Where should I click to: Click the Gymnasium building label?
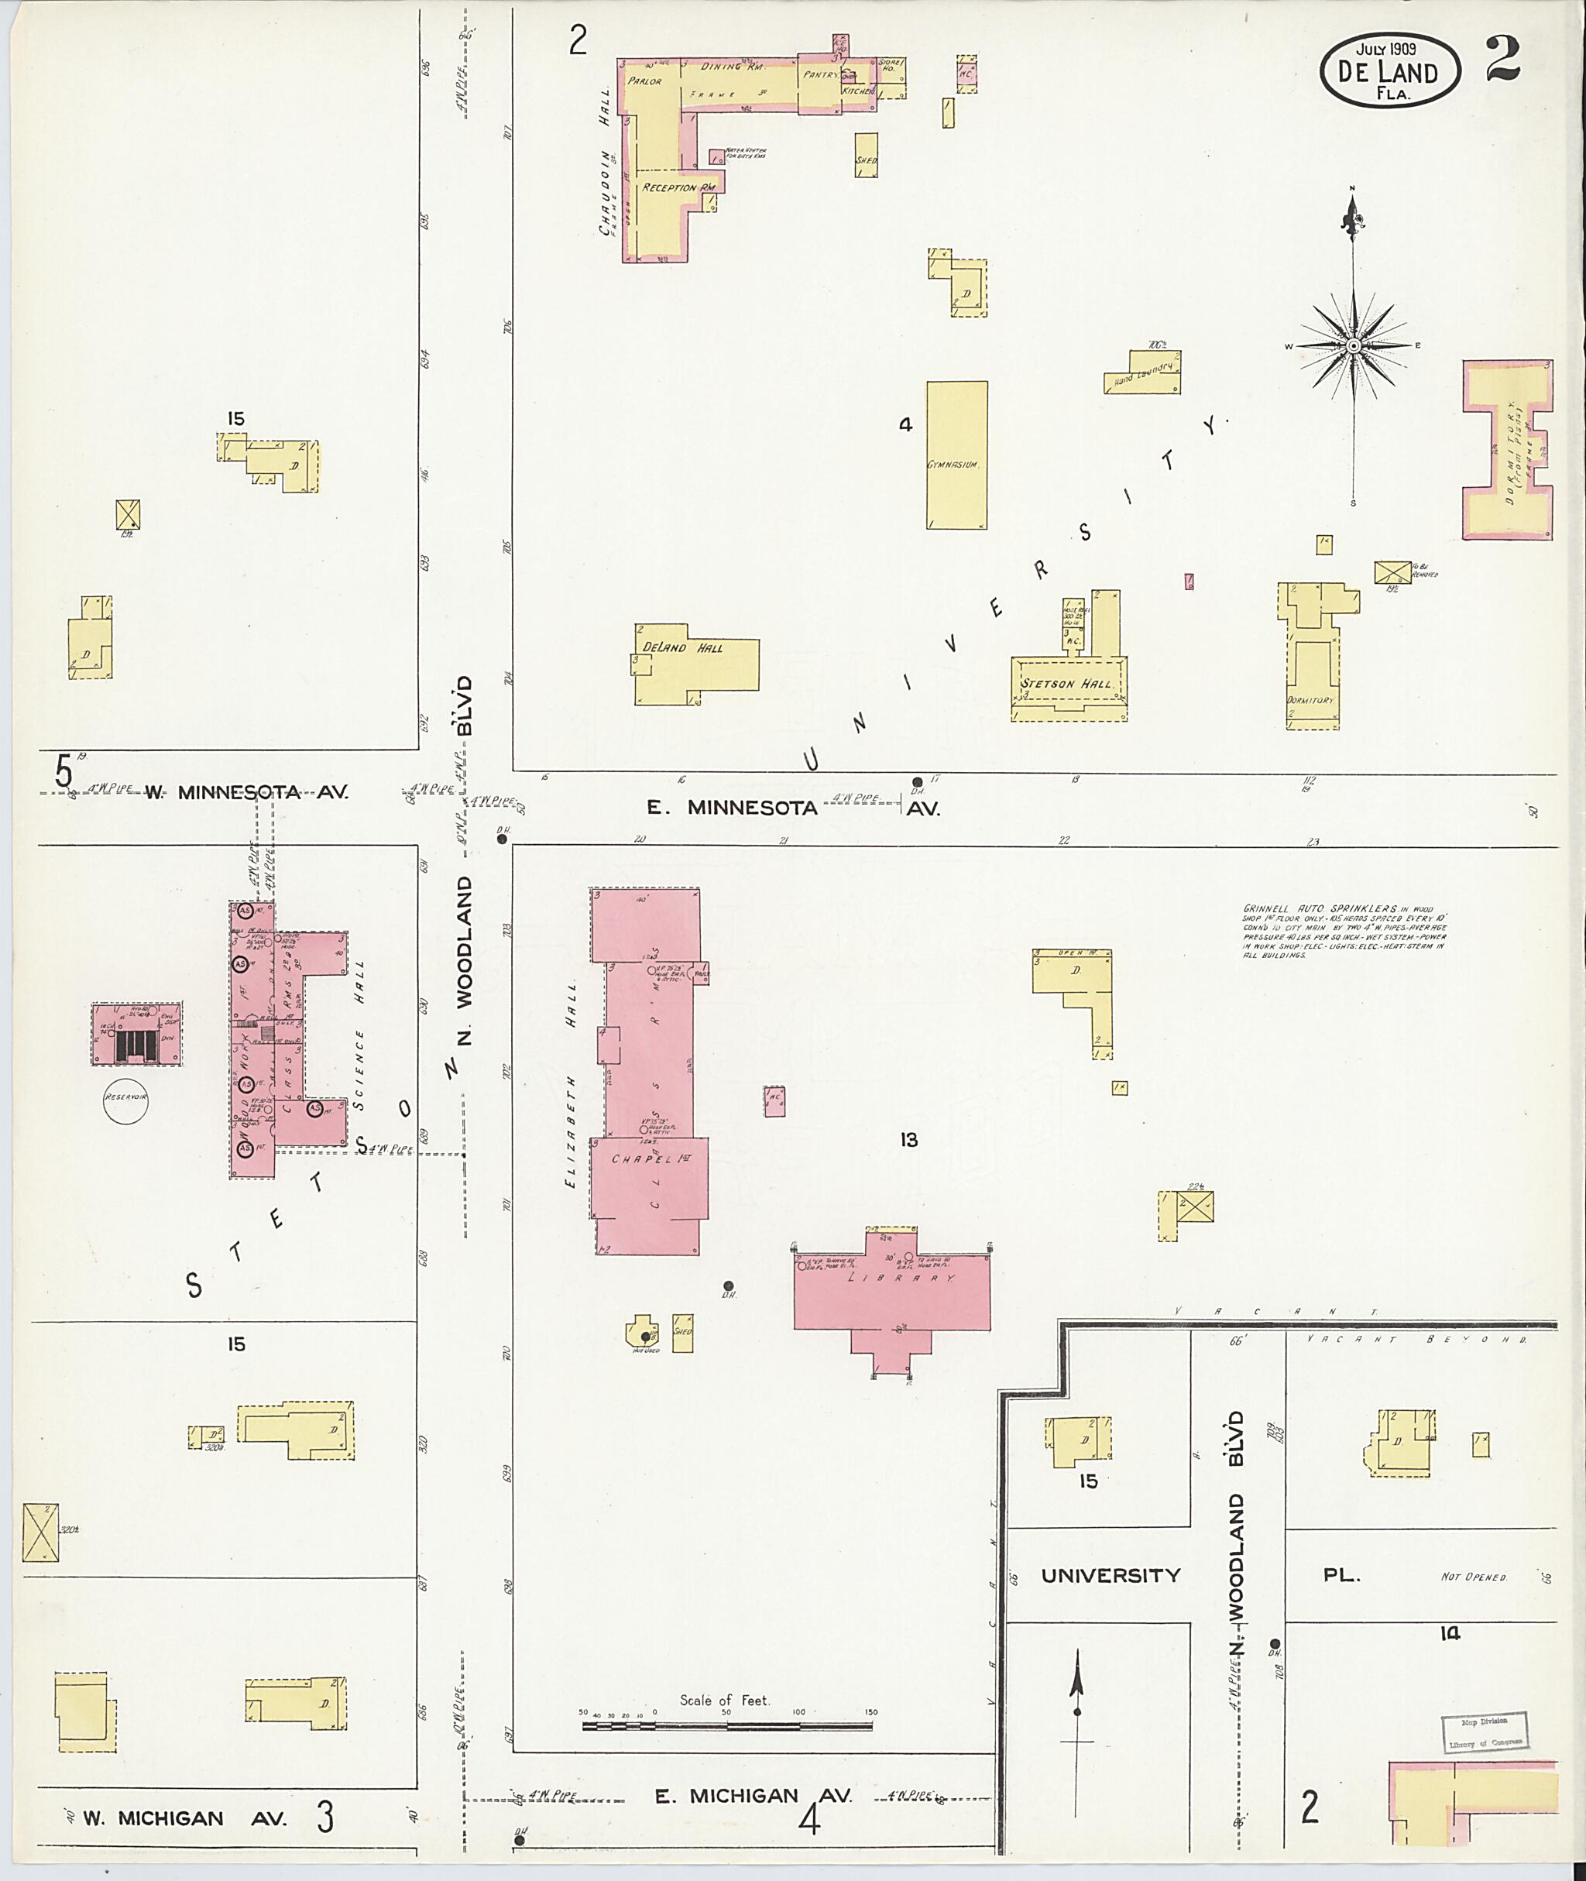953,465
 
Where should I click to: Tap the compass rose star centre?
1352,346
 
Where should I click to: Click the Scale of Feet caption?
724,1701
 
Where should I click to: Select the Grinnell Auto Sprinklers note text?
1344,932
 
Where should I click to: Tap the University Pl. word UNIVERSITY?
1110,1574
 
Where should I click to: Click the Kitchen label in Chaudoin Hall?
858,91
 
